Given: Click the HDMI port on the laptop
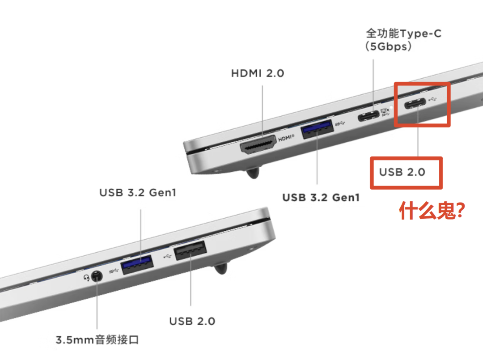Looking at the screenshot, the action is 258,144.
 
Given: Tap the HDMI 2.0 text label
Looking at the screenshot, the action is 258,73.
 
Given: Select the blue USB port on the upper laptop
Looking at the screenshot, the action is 318,129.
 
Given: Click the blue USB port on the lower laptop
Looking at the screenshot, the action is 137,265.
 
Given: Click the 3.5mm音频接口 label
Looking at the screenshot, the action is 97,340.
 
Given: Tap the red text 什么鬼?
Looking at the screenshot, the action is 432,211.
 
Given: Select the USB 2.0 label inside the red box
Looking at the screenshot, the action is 402,172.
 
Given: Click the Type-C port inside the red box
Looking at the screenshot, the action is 415,103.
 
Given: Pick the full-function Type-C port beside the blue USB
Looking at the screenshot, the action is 369,116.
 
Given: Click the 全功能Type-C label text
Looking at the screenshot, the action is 404,33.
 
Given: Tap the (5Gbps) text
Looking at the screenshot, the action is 388,47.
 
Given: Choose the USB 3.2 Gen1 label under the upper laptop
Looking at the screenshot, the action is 321,197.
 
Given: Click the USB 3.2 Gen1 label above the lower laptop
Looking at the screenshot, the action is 138,192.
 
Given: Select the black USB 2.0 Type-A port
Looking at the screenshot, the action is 191,250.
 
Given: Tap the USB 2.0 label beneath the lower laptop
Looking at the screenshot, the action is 192,321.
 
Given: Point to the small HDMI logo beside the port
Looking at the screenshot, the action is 286,138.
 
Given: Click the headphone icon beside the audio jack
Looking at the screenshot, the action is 87,278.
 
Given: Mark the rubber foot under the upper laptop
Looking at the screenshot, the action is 253,173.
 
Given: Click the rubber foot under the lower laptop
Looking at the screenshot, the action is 220,267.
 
